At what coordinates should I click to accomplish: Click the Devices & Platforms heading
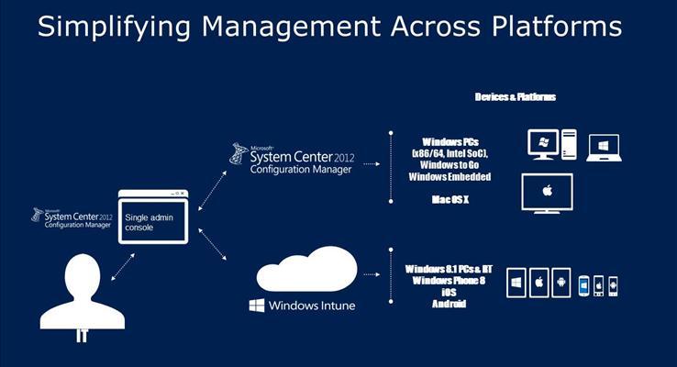(x=516, y=96)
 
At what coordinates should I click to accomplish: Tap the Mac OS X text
(x=451, y=198)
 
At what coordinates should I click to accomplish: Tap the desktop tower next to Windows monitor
(x=568, y=144)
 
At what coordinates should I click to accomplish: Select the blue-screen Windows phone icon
(x=583, y=284)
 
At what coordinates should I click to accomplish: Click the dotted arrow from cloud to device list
(x=371, y=272)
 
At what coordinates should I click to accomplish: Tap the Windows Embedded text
(x=451, y=176)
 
